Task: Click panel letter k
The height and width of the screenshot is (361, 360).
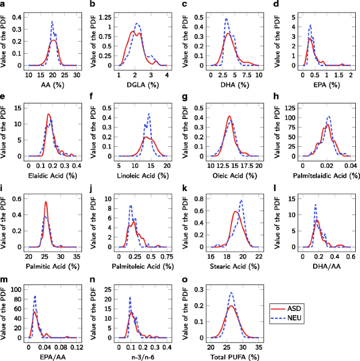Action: coord(182,187)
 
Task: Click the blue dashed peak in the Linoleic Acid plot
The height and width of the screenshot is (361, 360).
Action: coord(149,114)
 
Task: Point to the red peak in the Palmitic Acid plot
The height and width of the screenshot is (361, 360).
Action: coord(46,202)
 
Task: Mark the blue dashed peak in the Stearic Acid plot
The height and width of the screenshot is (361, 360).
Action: coord(241,200)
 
